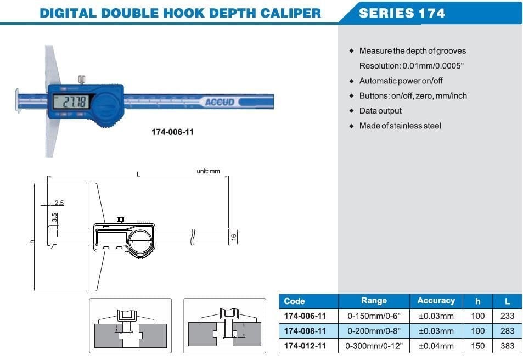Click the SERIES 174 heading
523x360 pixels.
coord(402,13)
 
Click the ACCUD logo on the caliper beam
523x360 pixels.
coord(220,102)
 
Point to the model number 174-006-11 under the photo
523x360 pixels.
coord(172,132)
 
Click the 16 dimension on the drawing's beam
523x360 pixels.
coord(233,237)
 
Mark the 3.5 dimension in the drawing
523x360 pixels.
coord(54,217)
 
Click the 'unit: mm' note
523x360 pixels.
coord(208,171)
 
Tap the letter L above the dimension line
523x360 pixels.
coord(138,174)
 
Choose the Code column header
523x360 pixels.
coord(295,301)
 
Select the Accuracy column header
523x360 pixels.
coord(436,301)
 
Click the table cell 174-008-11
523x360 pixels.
coord(305,331)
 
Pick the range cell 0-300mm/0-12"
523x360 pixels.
coord(374,346)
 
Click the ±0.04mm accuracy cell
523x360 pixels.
coord(436,346)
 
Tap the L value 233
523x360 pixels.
coord(508,316)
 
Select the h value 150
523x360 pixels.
coord(478,346)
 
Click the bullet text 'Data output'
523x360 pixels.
coord(380,111)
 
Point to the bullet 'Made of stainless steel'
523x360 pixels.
coord(400,126)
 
